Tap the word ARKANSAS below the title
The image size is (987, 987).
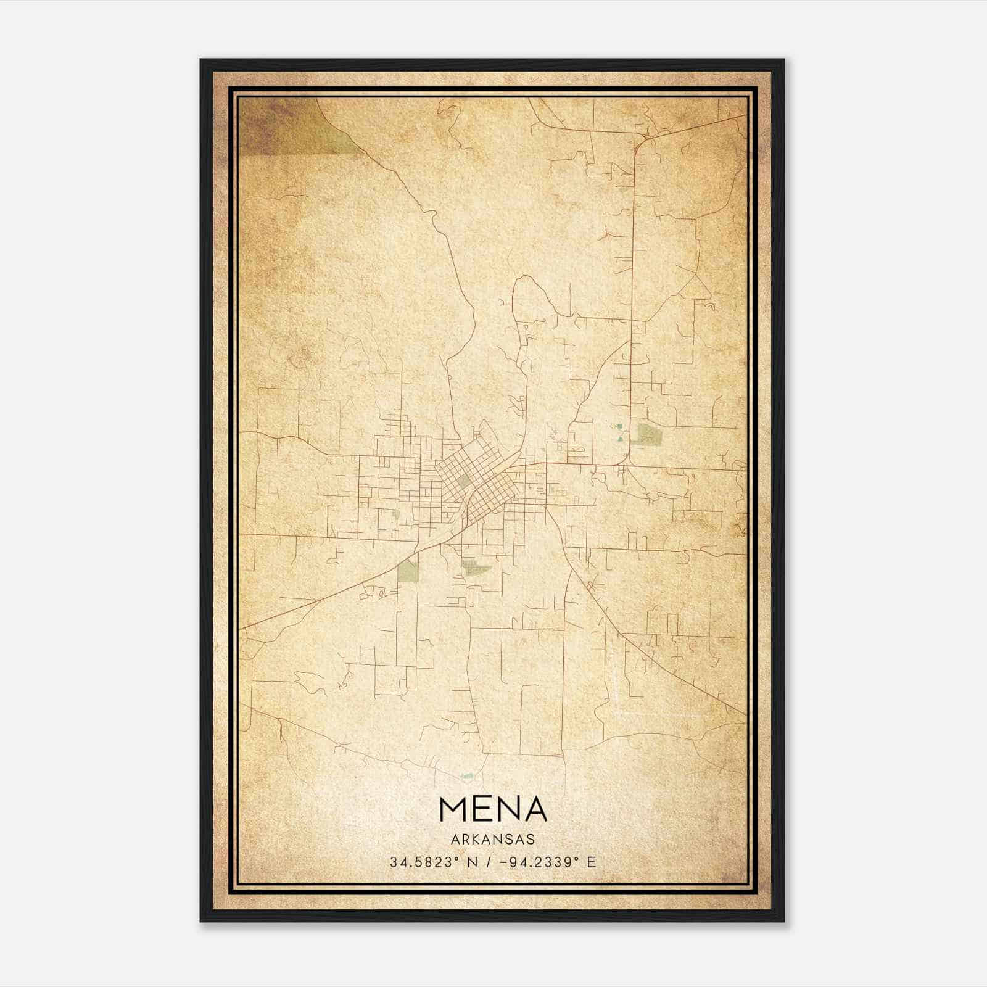493,840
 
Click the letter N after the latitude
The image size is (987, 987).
474,862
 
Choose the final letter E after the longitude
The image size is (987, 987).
592,862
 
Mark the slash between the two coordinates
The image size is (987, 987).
489,862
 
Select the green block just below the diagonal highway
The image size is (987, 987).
407,571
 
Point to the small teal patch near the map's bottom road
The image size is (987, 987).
468,775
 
